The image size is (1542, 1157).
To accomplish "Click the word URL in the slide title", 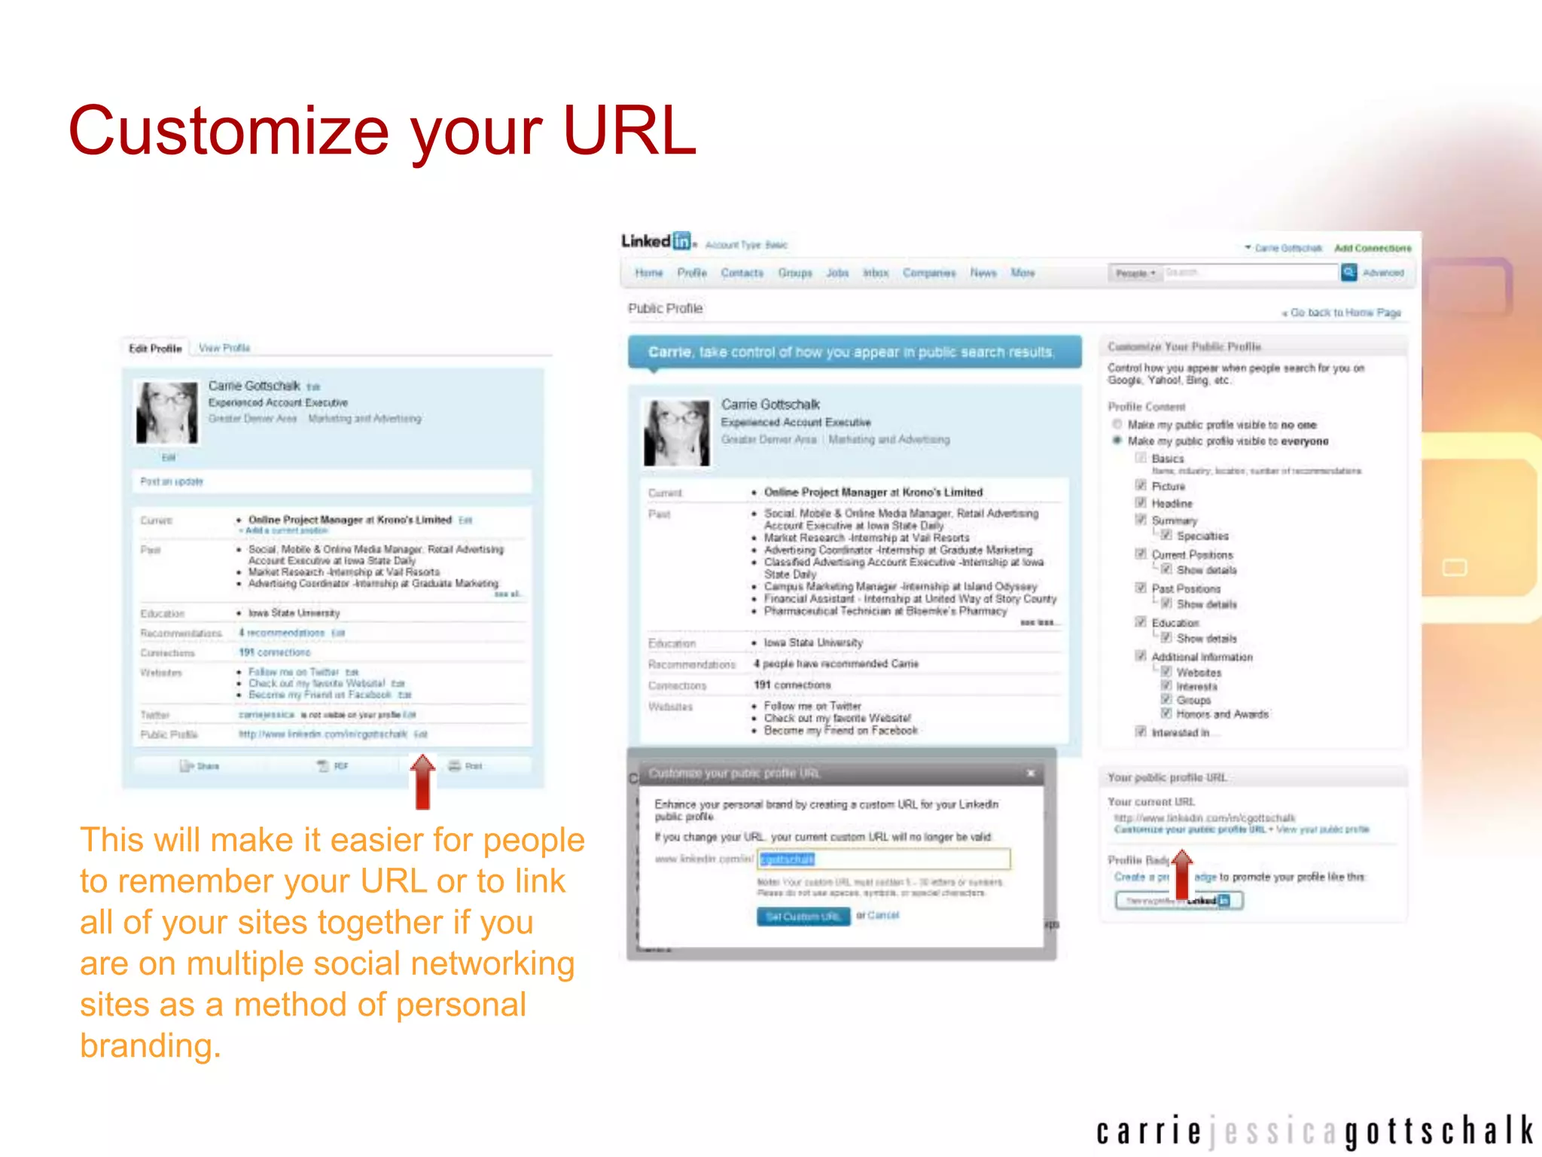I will click(629, 131).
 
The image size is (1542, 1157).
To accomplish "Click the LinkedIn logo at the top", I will click(656, 241).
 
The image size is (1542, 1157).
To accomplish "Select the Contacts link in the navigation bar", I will click(742, 273).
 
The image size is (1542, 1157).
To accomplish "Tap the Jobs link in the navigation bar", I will click(837, 273).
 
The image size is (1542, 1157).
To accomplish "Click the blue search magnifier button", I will click(1348, 273).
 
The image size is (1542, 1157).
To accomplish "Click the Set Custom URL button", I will click(803, 916).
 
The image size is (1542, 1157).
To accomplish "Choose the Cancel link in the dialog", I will click(883, 915).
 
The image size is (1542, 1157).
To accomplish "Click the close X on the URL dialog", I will click(1031, 773).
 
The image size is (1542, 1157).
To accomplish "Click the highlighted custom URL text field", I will click(884, 859).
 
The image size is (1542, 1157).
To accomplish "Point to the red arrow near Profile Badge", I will click(1182, 874).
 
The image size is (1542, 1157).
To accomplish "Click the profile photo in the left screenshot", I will click(167, 412).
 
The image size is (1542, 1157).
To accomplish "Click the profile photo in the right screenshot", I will click(677, 432).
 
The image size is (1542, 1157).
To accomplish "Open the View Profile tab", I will click(224, 348).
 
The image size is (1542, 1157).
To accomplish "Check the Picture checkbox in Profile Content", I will click(1141, 486).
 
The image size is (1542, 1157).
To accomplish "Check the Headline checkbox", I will click(1141, 502).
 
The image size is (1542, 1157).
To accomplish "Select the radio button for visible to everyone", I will click(1117, 441).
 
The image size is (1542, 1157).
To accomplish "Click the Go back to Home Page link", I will click(1343, 313).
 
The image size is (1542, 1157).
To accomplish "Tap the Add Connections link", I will click(1373, 248).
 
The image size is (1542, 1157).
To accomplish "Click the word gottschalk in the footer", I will click(1439, 1131).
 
